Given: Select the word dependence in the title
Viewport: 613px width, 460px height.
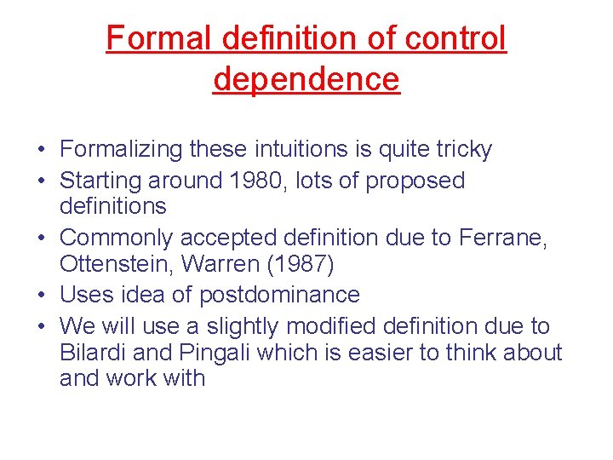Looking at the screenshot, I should [306, 79].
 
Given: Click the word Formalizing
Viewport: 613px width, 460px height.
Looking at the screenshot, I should [121, 150].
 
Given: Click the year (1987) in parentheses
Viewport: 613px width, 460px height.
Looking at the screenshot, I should [301, 264].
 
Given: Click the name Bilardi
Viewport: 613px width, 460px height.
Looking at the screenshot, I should [88, 352].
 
